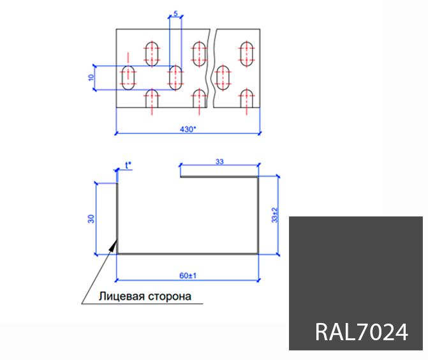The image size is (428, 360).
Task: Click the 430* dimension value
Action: point(187,129)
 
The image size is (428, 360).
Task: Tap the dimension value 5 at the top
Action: point(175,13)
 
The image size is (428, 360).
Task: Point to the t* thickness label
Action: point(129,165)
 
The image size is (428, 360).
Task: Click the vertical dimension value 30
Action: point(91,218)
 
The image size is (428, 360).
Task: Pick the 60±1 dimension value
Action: point(187,276)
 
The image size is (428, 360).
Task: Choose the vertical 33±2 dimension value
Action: point(275,215)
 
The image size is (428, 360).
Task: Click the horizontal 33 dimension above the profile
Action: point(219,163)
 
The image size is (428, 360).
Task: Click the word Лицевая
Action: point(119,296)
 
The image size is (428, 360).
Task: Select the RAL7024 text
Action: point(361,332)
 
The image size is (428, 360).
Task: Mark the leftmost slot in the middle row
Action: point(129,77)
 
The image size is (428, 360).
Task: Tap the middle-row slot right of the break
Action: point(224,77)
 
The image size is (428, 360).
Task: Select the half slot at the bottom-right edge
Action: point(247,99)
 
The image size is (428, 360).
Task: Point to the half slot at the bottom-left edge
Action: point(152,99)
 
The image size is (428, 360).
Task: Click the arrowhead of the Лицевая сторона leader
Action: point(115,244)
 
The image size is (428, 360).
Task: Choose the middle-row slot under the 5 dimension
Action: point(175,77)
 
